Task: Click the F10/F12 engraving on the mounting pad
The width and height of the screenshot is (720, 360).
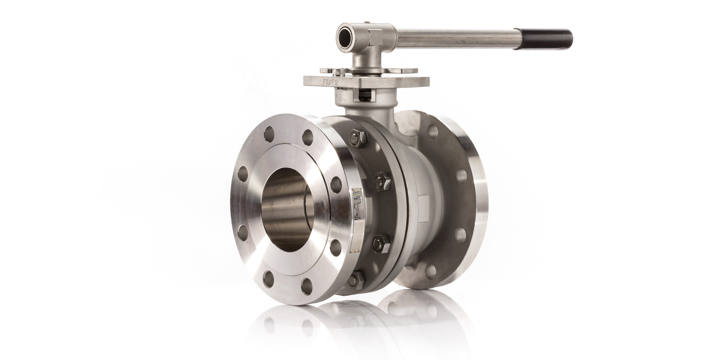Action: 331,81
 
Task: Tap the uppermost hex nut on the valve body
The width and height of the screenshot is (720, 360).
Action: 358,138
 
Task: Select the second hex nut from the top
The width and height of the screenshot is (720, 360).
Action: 382,180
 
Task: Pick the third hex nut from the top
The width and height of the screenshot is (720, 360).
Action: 381,242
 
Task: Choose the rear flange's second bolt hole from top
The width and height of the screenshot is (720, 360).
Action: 461,176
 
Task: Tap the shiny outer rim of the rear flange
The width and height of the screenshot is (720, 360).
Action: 481,198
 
